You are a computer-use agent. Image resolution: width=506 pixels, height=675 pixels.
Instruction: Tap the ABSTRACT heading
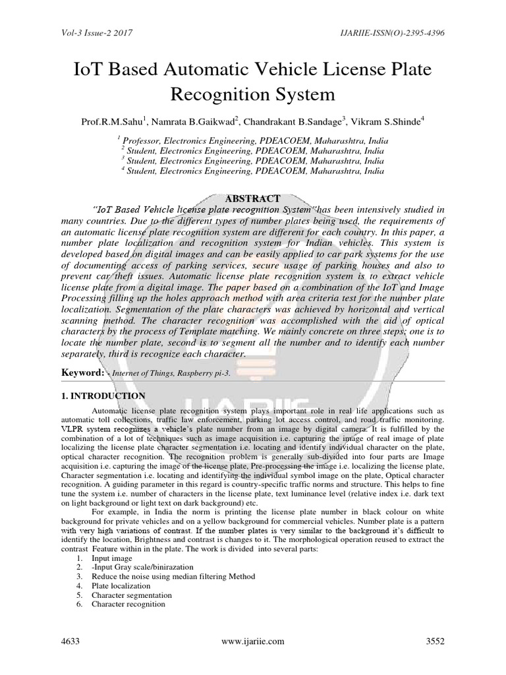(253, 198)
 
